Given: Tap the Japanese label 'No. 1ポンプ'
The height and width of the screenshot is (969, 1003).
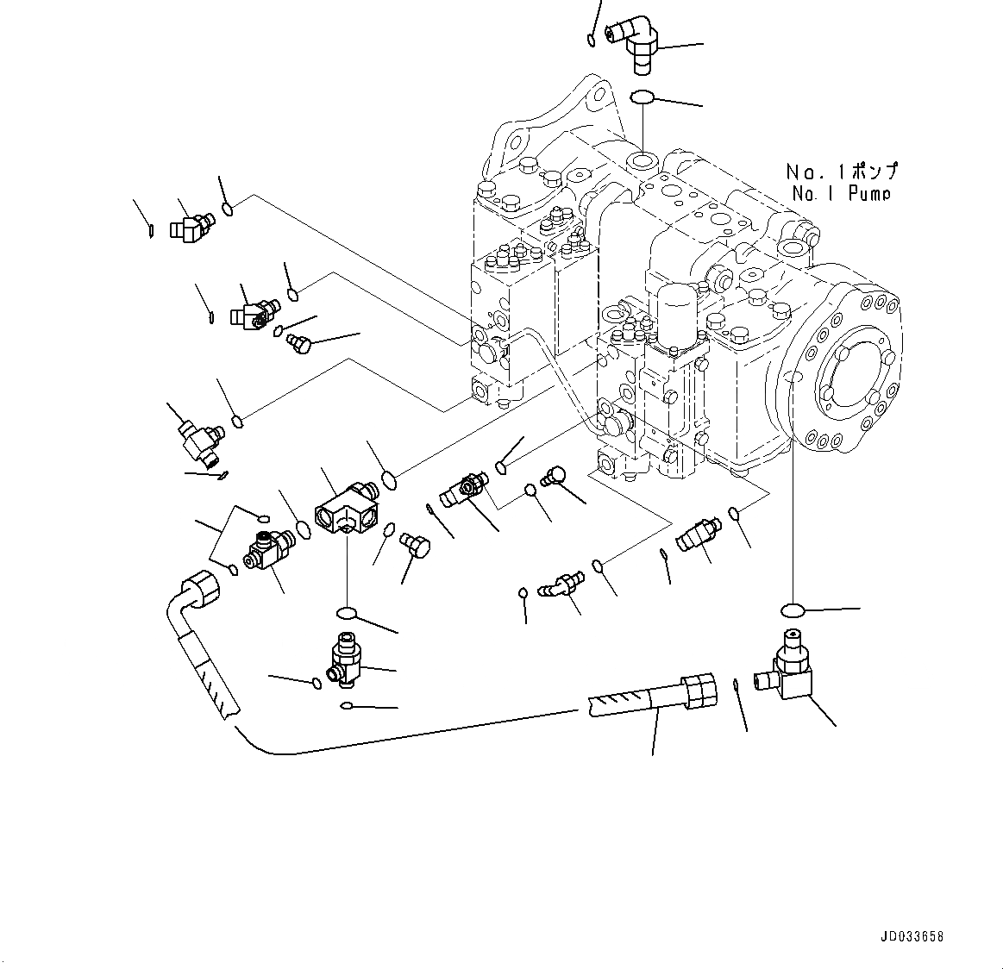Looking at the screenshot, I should click(841, 172).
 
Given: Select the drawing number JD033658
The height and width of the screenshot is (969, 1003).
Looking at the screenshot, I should click(912, 935).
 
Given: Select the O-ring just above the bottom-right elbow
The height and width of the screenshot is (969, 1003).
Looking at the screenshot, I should click(792, 610).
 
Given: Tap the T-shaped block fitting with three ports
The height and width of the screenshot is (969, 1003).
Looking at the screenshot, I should click(345, 513).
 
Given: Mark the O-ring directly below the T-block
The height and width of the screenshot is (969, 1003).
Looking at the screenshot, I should click(347, 613).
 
